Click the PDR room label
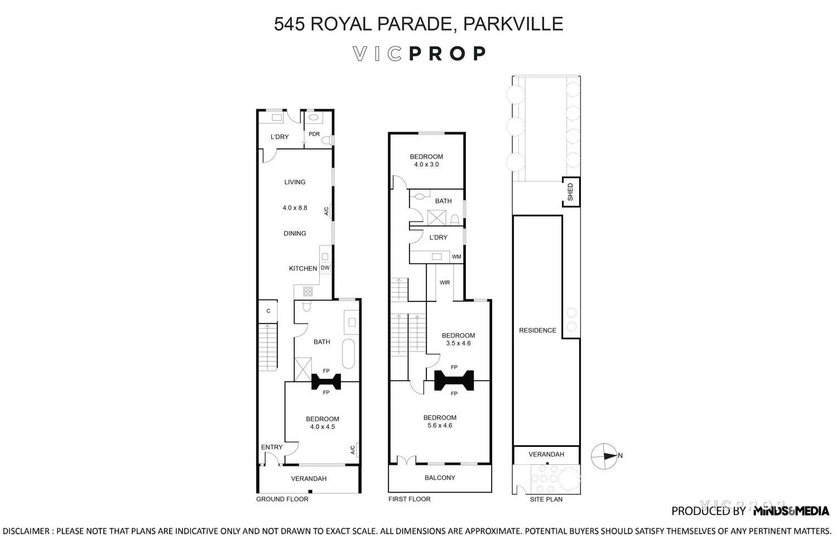tap(314, 134)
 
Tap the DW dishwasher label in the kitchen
tap(325, 268)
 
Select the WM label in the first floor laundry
tap(456, 257)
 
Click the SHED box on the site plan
tap(570, 192)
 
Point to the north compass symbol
tap(605, 455)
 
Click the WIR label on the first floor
tap(445, 282)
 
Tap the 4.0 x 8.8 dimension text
tap(295, 208)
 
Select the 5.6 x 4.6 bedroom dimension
tap(440, 426)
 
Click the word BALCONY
tap(440, 478)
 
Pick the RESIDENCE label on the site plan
tap(537, 330)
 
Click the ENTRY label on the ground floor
tap(272, 447)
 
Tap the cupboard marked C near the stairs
tap(268, 311)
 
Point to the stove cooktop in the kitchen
tap(307, 291)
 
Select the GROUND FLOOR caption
tap(282, 499)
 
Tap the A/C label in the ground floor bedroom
tap(353, 450)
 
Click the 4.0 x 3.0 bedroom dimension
tap(426, 165)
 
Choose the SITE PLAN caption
tap(546, 499)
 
